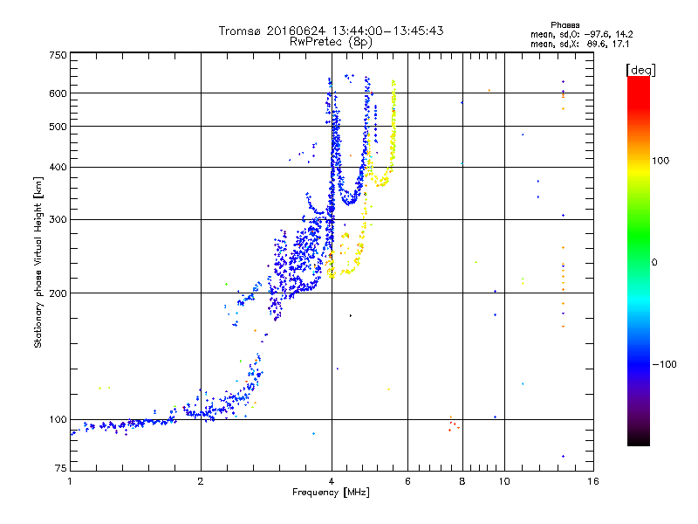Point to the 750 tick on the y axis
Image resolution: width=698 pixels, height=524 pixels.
pos(58,55)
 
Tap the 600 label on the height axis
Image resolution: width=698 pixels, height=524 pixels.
pos(58,93)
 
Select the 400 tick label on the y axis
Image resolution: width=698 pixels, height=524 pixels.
pos(58,168)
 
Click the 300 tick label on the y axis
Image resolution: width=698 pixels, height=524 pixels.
pos(58,220)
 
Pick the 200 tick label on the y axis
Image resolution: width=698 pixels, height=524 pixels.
pos(58,293)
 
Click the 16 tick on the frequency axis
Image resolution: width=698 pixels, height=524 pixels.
pos(592,482)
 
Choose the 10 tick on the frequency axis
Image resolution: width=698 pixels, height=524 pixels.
pos(503,482)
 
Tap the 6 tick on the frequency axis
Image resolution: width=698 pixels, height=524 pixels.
pos(407,482)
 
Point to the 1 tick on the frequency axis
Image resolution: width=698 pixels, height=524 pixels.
pos(70,482)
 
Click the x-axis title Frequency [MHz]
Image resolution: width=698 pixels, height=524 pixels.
pos(331,493)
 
